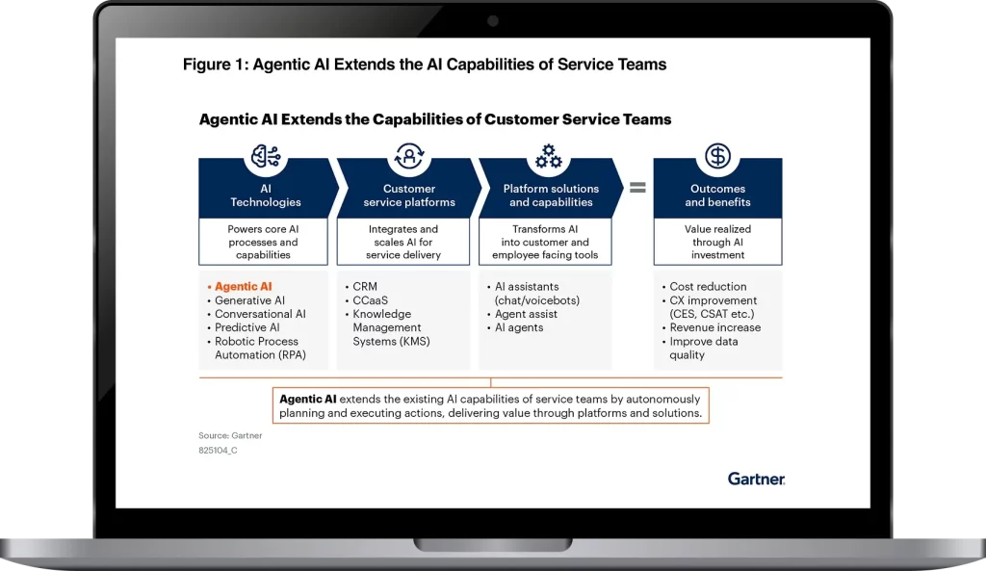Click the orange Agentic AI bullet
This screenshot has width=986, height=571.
point(244,286)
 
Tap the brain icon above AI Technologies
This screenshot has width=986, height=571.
point(266,157)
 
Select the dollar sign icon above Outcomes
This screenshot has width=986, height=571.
point(717,156)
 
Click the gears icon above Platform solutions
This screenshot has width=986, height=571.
point(548,156)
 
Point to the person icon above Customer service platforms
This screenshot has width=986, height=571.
point(409,156)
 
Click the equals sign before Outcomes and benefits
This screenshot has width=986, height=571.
point(637,188)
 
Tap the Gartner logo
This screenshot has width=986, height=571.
point(756,479)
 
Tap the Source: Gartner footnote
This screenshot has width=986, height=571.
point(230,435)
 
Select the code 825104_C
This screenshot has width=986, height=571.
point(218,451)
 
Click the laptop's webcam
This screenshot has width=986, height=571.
point(493,21)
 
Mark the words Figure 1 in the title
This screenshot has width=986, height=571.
point(214,65)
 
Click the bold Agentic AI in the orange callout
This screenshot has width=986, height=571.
point(307,399)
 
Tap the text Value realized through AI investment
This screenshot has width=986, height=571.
point(717,242)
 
